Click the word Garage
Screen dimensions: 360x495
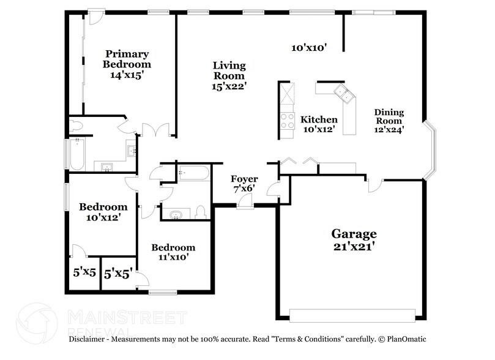[x=354, y=234]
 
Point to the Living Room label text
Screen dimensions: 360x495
[x=229, y=70]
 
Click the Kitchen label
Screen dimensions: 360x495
[x=319, y=119]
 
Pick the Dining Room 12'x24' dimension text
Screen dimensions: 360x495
[x=389, y=129]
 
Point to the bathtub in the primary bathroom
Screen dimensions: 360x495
[x=78, y=154]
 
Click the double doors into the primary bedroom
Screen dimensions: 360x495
[x=156, y=130]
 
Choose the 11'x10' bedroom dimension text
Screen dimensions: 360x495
[x=173, y=257]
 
